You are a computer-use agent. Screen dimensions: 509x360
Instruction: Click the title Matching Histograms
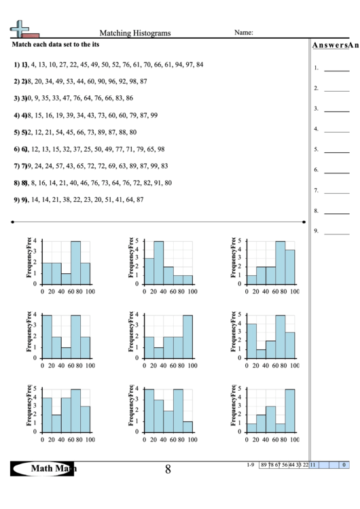pyautogui.click(x=135, y=33)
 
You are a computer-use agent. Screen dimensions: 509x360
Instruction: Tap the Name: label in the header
pyautogui.click(x=244, y=32)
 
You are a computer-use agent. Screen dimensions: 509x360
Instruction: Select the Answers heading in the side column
pyautogui.click(x=334, y=46)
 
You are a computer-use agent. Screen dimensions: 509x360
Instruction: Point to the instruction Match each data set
pyautogui.click(x=55, y=43)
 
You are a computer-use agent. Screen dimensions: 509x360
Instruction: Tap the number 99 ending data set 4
pyautogui.click(x=154, y=116)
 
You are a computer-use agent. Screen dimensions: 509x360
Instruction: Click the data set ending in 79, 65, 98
pyautogui.click(x=92, y=150)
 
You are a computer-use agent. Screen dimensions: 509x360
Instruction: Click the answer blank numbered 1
pyautogui.click(x=336, y=69)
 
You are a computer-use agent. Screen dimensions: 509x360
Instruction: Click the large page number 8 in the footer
pyautogui.click(x=168, y=468)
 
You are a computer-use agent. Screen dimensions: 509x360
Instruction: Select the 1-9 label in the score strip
pyautogui.click(x=251, y=465)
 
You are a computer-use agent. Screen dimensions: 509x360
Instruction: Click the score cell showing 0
pyautogui.click(x=344, y=465)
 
